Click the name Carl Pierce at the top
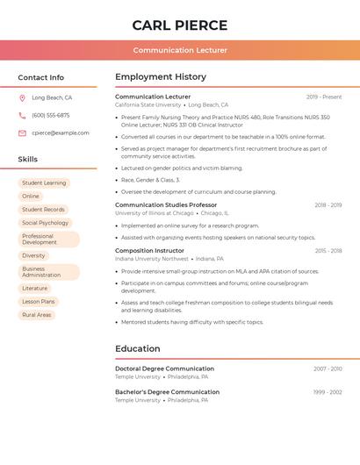pyautogui.click(x=180, y=25)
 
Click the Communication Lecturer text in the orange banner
pyautogui.click(x=180, y=51)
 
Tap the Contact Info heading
pyautogui.click(x=41, y=77)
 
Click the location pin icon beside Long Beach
pyautogui.click(x=22, y=98)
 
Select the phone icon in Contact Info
pyautogui.click(x=22, y=116)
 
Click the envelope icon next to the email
pyautogui.click(x=22, y=133)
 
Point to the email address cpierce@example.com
pyautogui.click(x=61, y=133)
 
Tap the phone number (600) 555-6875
pyautogui.click(x=51, y=116)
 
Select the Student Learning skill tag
pyautogui.click(x=44, y=183)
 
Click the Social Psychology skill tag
pyautogui.click(x=45, y=223)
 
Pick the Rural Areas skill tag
pyautogui.click(x=37, y=315)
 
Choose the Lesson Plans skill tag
pyautogui.click(x=39, y=302)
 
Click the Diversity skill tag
pyautogui.click(x=33, y=255)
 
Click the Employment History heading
pyautogui.click(x=161, y=77)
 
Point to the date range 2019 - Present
pyautogui.click(x=324, y=97)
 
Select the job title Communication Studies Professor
pyautogui.click(x=166, y=205)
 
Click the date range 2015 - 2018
pyautogui.click(x=328, y=251)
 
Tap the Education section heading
pyautogui.click(x=138, y=349)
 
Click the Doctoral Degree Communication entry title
pyautogui.click(x=164, y=369)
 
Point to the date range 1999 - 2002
pyautogui.click(x=328, y=392)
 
